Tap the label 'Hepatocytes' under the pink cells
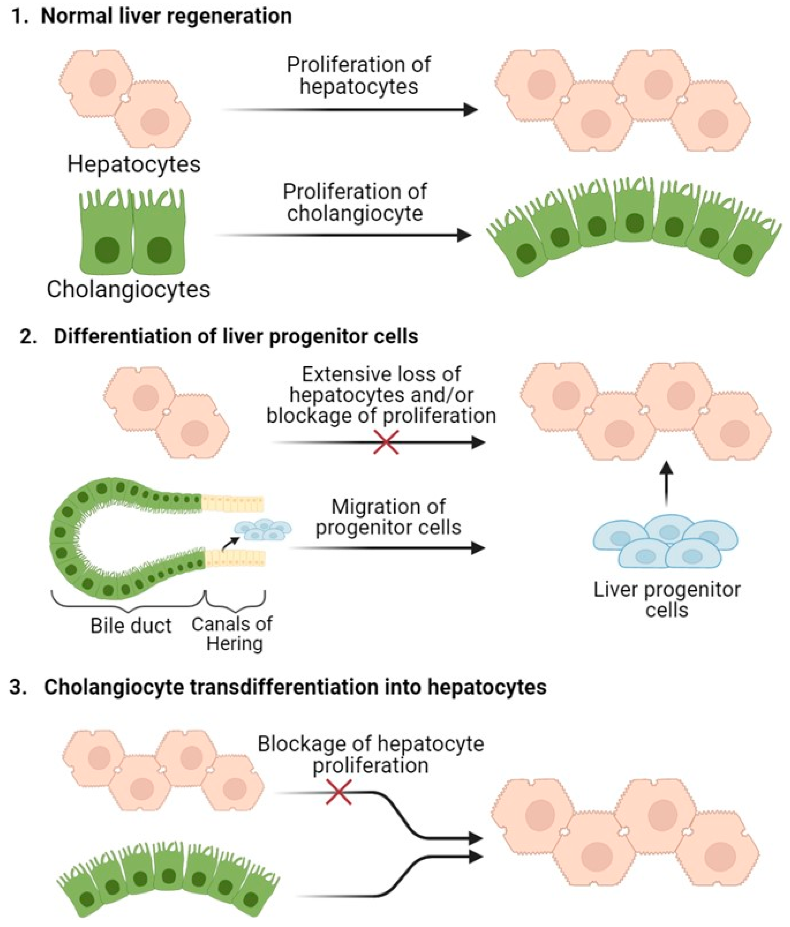click(x=134, y=164)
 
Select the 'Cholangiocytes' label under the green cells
click(x=129, y=289)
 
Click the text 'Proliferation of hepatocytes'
click(x=358, y=75)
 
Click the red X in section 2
click(x=386, y=442)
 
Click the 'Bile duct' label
click(x=131, y=625)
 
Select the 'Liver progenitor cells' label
click(x=667, y=599)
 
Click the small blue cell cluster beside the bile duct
click(x=263, y=529)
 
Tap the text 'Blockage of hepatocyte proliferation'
click(x=370, y=754)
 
